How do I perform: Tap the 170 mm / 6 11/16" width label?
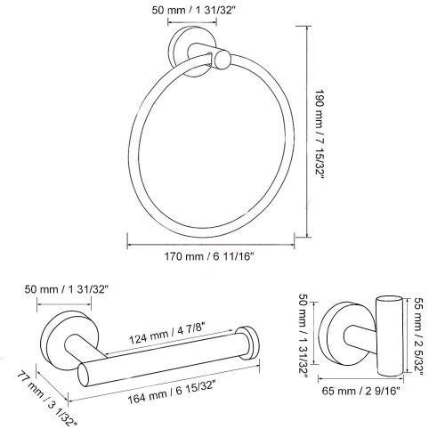tap(209, 256)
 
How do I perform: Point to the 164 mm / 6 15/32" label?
tap(171, 392)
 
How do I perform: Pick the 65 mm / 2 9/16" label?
tap(361, 391)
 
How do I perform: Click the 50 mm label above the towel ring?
tap(193, 11)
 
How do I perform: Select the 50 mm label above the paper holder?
tap(65, 289)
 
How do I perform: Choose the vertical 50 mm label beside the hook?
tap(303, 336)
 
